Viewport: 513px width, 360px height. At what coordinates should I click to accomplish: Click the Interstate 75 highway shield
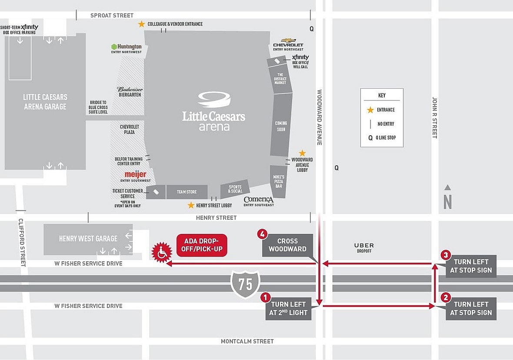click(245, 284)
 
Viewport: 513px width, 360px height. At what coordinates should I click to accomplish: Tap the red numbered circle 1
click(265, 298)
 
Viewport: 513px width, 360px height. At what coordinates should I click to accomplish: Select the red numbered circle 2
click(445, 298)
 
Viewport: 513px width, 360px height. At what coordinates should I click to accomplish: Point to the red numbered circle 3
click(445, 255)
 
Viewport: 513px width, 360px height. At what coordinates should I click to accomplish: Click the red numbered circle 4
click(262, 234)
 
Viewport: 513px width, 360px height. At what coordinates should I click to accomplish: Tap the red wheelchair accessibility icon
click(162, 253)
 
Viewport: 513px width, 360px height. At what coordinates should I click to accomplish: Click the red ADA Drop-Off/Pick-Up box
click(202, 245)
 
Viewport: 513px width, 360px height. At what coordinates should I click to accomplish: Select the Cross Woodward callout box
click(287, 245)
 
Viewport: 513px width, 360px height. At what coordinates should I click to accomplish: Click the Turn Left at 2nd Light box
click(288, 309)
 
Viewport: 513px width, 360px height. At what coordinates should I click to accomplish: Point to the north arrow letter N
click(447, 202)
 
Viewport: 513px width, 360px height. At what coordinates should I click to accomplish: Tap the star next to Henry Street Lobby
click(191, 205)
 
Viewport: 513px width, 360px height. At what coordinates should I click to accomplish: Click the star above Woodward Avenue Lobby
click(302, 153)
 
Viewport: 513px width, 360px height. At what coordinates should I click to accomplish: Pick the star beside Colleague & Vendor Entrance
click(141, 24)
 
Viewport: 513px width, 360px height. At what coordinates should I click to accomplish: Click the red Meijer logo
click(136, 174)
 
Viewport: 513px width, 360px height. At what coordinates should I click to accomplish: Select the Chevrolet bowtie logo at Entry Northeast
click(288, 40)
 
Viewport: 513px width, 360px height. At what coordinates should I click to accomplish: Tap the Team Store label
click(187, 192)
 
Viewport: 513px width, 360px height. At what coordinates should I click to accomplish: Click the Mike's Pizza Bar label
click(279, 181)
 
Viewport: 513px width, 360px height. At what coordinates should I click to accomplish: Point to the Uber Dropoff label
click(364, 247)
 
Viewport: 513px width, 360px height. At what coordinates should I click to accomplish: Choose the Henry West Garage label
click(88, 239)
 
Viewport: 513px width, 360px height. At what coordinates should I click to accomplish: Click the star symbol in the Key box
click(370, 110)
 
